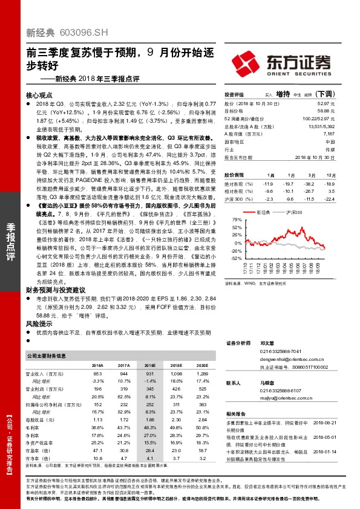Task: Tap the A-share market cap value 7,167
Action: click(x=329, y=134)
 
